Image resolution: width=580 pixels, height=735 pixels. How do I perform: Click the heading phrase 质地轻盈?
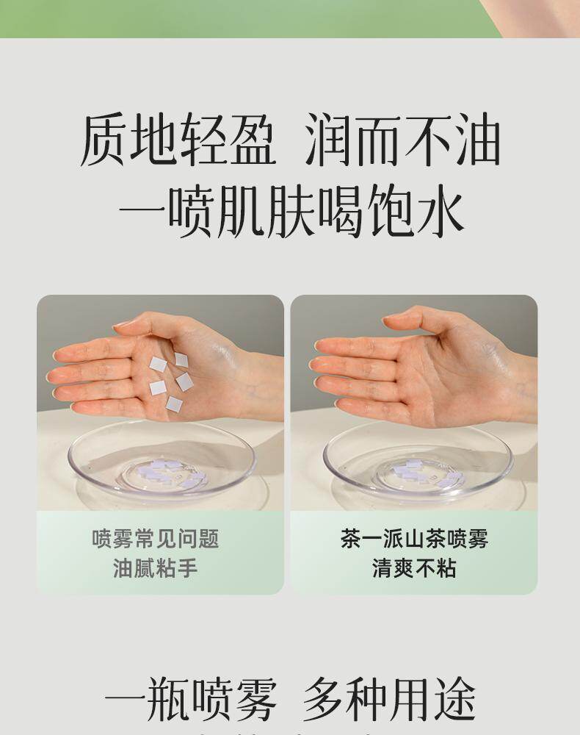click(178, 140)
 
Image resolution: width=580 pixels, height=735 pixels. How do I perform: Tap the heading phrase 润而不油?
click(403, 140)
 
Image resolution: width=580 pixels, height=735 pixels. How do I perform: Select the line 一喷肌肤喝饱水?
click(291, 210)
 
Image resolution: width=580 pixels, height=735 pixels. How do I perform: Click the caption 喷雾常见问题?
click(156, 539)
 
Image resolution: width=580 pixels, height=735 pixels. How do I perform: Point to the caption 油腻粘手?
click(156, 569)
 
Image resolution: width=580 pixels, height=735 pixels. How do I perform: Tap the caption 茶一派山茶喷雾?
click(414, 539)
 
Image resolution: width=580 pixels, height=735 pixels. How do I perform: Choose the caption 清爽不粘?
click(414, 569)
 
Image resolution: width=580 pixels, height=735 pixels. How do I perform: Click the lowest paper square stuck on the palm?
click(174, 403)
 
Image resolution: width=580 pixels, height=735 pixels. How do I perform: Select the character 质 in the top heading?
click(104, 140)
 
